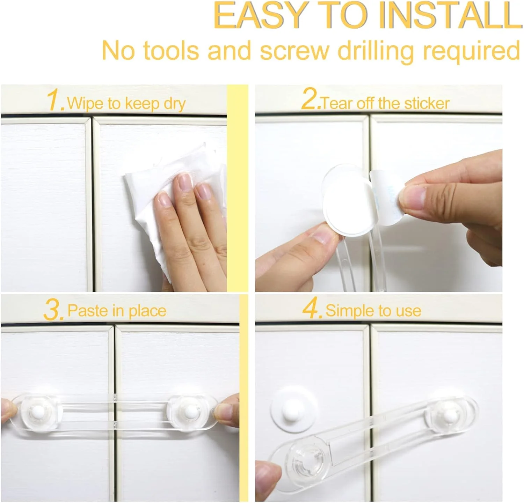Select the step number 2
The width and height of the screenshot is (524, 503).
coord(310,99)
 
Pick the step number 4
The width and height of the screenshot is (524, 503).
coord(312,309)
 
